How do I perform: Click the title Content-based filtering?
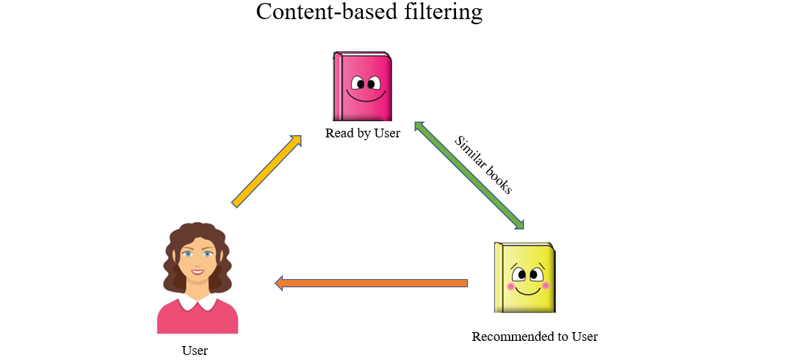(x=369, y=12)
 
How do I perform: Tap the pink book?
(x=362, y=86)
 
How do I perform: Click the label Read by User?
(x=362, y=133)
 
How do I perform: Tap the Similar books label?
(x=483, y=165)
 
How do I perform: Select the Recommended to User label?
(x=534, y=336)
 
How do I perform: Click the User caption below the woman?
(x=195, y=350)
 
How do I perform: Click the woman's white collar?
(x=197, y=301)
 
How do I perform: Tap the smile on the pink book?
(x=365, y=96)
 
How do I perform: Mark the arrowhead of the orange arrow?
(x=280, y=283)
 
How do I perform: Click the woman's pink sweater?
(x=197, y=320)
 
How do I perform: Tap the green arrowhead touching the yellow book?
(x=520, y=223)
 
